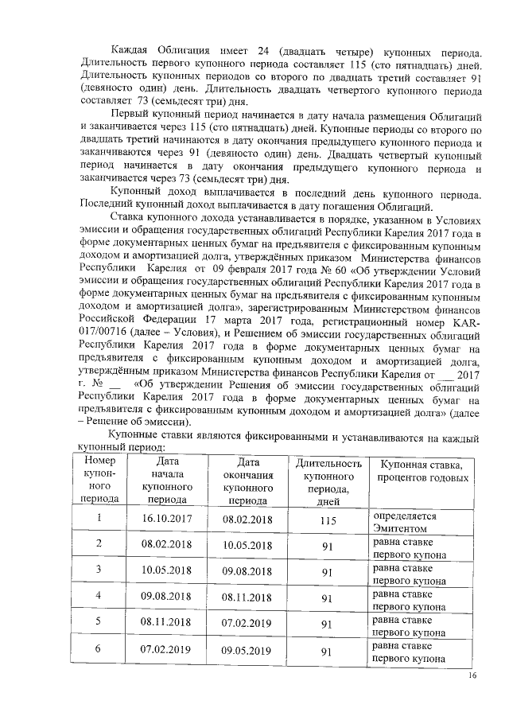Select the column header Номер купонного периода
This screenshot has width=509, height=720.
click(x=100, y=480)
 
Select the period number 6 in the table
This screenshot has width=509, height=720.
click(x=99, y=649)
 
